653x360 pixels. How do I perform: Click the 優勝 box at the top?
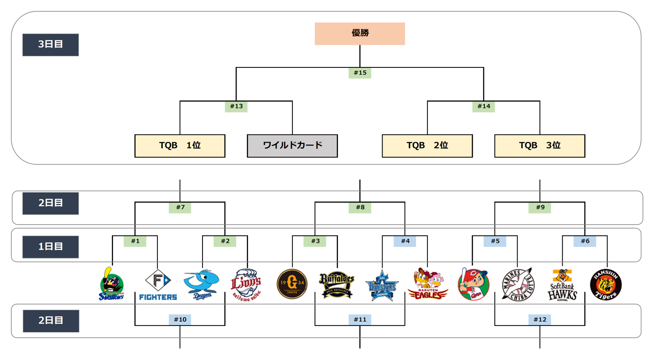coord(359,34)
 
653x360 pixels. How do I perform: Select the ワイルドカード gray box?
coord(292,146)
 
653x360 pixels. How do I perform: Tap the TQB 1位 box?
coord(180,146)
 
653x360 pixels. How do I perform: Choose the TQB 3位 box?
coord(539,146)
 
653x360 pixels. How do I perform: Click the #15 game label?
coord(360,73)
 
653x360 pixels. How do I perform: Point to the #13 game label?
coord(236,106)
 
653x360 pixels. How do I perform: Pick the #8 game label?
coord(360,208)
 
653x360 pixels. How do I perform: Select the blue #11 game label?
coord(360,320)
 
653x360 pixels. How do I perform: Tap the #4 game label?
coord(405,241)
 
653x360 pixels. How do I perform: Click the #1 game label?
coord(135,241)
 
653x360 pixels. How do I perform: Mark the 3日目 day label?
coord(50,45)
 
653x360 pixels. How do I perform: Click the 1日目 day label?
coord(50,247)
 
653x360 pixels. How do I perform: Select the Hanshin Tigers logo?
coord(606,284)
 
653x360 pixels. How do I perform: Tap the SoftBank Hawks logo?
coord(562,284)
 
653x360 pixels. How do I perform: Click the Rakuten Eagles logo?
coord(428,284)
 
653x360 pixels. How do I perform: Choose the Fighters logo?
coord(158,284)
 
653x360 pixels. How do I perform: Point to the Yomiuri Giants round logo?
coord(292,284)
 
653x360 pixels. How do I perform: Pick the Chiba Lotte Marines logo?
coord(517,284)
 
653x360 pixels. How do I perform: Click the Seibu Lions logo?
coord(246,284)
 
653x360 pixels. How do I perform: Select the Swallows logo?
coord(111,284)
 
